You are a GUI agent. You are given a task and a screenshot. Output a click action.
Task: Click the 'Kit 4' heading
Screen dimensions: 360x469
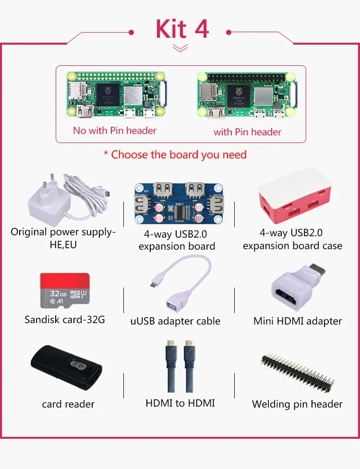pos(182,29)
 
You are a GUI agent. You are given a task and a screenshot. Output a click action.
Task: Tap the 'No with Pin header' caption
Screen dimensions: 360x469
pos(115,130)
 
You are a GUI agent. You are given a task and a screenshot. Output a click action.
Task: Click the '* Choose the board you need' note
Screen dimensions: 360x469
pos(175,155)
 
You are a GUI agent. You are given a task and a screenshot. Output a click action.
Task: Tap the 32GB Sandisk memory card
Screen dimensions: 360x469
pos(64,291)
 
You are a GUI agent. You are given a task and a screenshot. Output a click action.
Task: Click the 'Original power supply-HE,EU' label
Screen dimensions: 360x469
pos(63,238)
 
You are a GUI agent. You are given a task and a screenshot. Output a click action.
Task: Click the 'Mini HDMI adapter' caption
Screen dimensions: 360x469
pos(298,321)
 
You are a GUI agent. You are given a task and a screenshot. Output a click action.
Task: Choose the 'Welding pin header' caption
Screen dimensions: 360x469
pos(297,404)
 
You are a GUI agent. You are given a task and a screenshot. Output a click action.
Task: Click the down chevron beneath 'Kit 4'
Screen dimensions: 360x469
pos(180,48)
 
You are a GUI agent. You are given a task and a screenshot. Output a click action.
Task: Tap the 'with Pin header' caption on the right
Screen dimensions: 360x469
pos(247,132)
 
